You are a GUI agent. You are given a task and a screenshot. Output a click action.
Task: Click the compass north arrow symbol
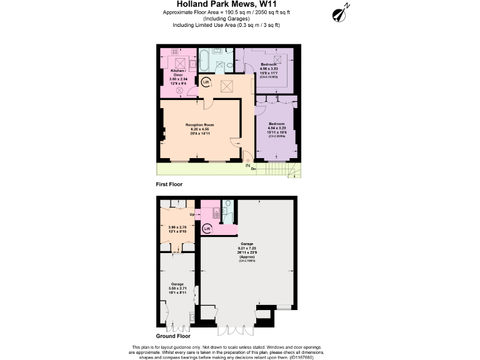point(341,12)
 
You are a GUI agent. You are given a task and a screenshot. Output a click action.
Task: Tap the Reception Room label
point(200,125)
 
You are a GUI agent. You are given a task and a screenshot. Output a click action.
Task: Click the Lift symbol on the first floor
point(207,82)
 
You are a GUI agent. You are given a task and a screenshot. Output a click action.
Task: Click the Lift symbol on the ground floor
point(207,229)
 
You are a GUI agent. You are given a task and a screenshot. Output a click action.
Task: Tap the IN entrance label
point(247,165)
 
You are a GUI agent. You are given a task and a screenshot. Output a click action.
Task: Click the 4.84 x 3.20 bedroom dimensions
point(276,128)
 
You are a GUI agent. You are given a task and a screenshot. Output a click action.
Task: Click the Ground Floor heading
point(173,336)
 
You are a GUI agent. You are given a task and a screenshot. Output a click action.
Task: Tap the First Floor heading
point(169,185)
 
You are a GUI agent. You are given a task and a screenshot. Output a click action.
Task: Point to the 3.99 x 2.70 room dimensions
point(178,227)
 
